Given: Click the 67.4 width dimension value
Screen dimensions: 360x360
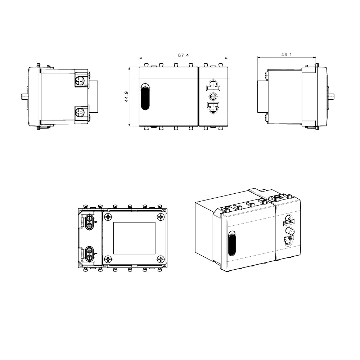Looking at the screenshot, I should pos(183,55).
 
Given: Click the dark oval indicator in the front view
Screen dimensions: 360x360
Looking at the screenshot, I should pos(145,96).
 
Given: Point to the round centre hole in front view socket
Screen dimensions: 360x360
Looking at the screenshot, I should pos(213,96).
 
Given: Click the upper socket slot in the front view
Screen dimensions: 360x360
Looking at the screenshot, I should pos(213,86).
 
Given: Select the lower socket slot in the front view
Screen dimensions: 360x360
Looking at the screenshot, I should pos(213,107).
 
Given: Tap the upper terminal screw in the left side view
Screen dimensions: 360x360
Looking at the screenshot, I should pos(81,80).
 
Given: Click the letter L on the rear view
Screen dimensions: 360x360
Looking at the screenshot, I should pos(96,254).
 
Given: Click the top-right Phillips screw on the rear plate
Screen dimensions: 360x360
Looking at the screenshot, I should pos(161,217).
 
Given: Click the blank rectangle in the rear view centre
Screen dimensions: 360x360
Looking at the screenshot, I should pos(134,238).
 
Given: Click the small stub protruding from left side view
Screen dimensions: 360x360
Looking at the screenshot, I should pos(23,96).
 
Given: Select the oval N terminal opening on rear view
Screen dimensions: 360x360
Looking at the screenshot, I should pos(89,222).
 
